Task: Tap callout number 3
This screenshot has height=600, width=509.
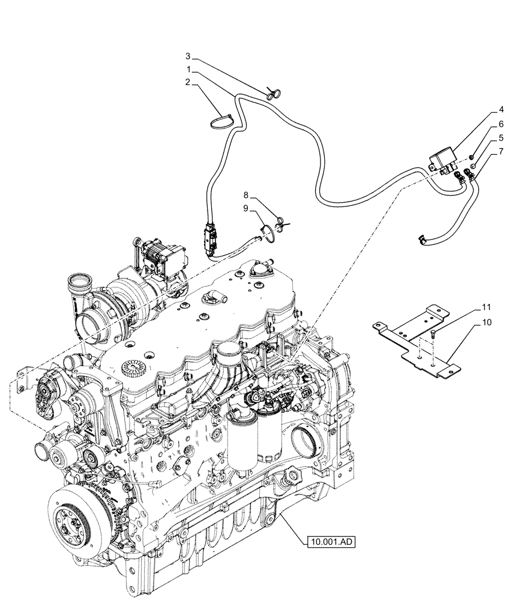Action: click(187, 56)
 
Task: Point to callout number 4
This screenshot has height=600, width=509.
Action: click(483, 110)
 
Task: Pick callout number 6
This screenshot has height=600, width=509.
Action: click(483, 127)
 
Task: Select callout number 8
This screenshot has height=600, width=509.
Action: click(245, 195)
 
